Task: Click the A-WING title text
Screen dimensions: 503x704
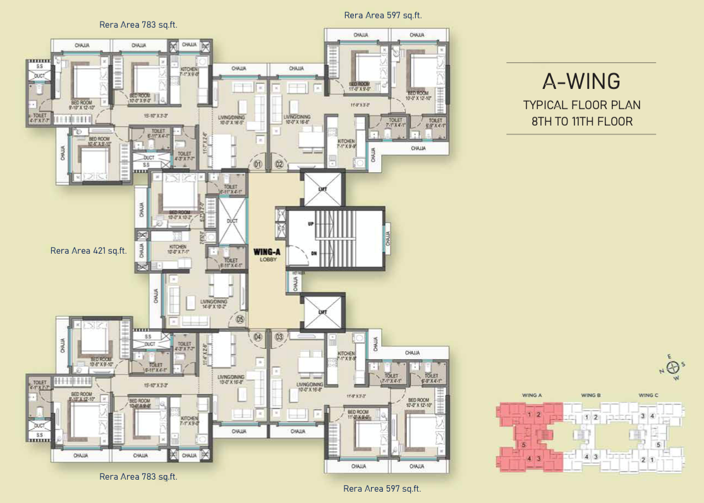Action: click(x=581, y=81)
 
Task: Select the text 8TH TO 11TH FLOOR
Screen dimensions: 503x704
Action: click(x=581, y=121)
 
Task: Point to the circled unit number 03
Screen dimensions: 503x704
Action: click(x=279, y=337)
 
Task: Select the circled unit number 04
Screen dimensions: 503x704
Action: click(x=258, y=337)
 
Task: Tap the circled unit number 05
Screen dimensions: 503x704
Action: click(x=239, y=319)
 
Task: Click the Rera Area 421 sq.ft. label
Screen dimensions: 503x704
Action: click(x=88, y=251)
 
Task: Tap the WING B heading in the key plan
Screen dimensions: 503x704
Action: click(x=590, y=396)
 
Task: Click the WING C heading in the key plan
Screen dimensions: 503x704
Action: click(x=649, y=396)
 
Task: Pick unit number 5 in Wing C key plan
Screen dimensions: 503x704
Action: click(x=659, y=445)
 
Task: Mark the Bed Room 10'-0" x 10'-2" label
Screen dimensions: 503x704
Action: click(x=176, y=215)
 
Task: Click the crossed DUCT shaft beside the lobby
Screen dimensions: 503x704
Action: click(x=231, y=221)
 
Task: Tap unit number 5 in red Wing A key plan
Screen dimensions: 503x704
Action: click(x=524, y=445)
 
